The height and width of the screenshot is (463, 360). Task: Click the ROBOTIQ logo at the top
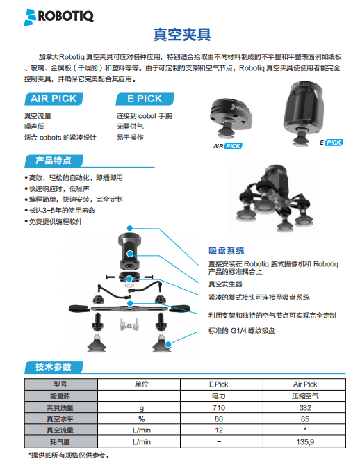click(x=58, y=17)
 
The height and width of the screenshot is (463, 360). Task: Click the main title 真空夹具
click(x=182, y=35)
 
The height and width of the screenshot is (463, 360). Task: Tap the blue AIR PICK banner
click(x=54, y=99)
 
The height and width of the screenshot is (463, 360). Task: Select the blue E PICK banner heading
click(x=145, y=99)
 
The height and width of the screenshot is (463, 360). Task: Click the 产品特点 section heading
click(x=54, y=161)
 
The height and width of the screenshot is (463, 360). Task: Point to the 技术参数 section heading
click(x=54, y=367)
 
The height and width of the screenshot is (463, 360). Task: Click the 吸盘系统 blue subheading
click(x=227, y=251)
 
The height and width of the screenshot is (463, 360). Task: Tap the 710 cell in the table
click(x=219, y=408)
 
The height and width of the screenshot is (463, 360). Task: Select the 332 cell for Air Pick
click(x=305, y=408)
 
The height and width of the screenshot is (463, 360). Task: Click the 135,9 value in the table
click(x=305, y=441)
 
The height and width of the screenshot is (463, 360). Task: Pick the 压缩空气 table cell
click(x=305, y=396)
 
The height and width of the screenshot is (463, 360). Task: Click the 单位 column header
click(x=142, y=384)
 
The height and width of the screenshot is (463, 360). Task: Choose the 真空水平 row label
click(x=60, y=419)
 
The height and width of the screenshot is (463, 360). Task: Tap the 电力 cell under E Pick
click(x=219, y=396)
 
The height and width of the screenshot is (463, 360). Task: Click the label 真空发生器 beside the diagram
click(x=225, y=284)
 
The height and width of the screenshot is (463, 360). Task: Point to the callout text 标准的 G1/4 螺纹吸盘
click(x=242, y=331)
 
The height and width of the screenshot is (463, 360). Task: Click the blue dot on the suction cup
click(x=168, y=344)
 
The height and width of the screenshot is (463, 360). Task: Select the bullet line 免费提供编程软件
click(x=54, y=222)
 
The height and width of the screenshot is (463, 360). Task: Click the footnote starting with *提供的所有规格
click(x=69, y=455)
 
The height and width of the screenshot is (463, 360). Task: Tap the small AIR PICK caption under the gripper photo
click(x=228, y=146)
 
